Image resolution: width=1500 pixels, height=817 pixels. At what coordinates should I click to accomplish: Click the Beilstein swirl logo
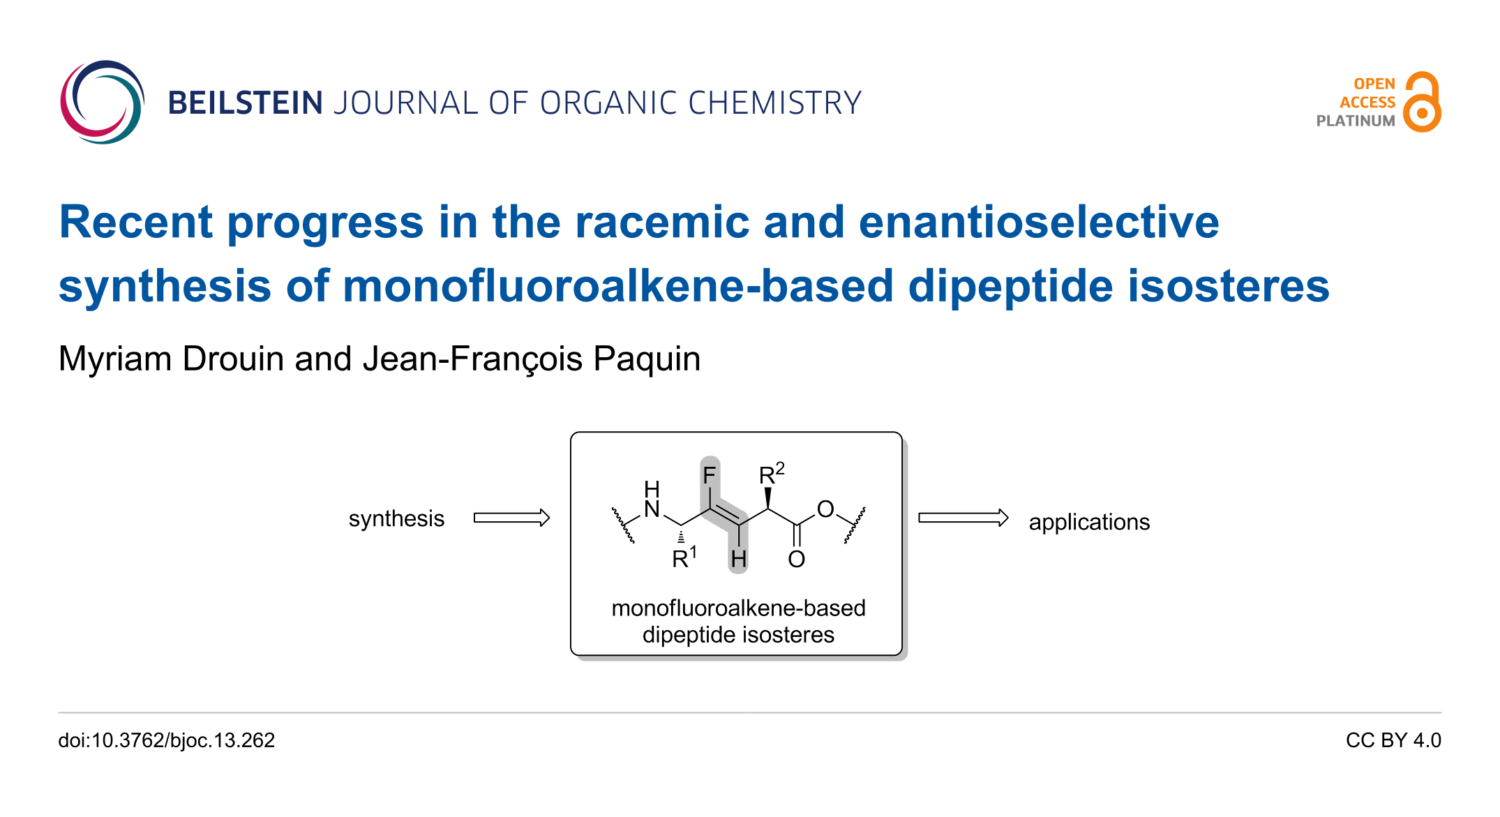102,103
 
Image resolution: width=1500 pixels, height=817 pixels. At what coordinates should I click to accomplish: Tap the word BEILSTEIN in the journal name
245,103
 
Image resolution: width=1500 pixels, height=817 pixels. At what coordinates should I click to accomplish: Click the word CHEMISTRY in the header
774,103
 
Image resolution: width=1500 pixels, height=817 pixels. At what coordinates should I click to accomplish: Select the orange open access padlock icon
1422,103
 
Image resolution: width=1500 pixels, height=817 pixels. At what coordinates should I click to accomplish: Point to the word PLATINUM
1355,121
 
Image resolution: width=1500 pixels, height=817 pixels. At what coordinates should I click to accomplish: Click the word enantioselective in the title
1038,223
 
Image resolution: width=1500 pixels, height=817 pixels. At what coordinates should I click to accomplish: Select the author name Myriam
115,359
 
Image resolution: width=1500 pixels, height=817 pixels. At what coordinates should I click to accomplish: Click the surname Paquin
646,359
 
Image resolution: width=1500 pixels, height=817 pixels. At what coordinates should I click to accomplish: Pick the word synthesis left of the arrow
396,519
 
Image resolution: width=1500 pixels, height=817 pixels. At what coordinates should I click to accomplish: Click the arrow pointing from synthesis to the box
511,518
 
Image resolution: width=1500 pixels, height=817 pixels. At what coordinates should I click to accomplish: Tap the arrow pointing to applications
963,518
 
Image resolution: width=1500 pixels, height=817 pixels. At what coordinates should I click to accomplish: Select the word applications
1089,522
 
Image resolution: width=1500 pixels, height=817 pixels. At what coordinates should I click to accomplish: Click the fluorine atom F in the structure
710,476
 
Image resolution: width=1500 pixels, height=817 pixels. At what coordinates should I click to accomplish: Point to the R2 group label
771,474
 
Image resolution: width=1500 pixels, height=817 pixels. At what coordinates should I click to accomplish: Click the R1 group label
684,558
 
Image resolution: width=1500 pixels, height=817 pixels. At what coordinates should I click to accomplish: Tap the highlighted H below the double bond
738,559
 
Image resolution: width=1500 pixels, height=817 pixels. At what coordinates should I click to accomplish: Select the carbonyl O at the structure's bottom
796,559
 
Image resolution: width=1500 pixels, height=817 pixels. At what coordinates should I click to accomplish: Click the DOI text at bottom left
167,740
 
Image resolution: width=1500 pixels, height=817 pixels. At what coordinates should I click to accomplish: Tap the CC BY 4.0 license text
1393,740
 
